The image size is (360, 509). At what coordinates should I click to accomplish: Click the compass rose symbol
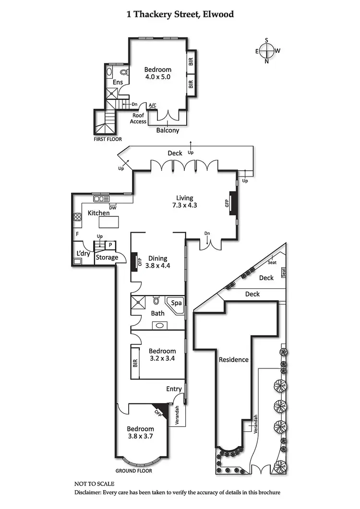coord(267,50)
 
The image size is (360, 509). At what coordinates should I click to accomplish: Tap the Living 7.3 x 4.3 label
coord(184,201)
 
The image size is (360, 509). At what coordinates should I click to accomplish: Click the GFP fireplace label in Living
coord(227,203)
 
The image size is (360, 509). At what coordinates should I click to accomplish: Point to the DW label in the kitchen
coord(113,208)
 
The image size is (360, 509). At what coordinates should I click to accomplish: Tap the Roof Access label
coord(138,118)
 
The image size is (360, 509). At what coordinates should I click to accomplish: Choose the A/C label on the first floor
coord(153,105)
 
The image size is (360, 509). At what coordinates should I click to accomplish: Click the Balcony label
coord(168,130)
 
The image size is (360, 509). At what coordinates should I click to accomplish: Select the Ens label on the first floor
coord(118,83)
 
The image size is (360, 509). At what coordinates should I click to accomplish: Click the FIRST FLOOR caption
coord(108,139)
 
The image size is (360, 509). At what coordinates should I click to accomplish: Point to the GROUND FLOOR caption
coord(134,471)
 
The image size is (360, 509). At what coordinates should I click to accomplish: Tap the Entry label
coord(174,389)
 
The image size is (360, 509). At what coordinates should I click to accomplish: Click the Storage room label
coord(107,258)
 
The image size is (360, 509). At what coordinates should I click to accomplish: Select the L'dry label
coord(83,254)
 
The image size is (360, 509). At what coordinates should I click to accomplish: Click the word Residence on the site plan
coord(234,359)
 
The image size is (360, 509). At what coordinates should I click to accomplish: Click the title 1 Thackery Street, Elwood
coord(180,14)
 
